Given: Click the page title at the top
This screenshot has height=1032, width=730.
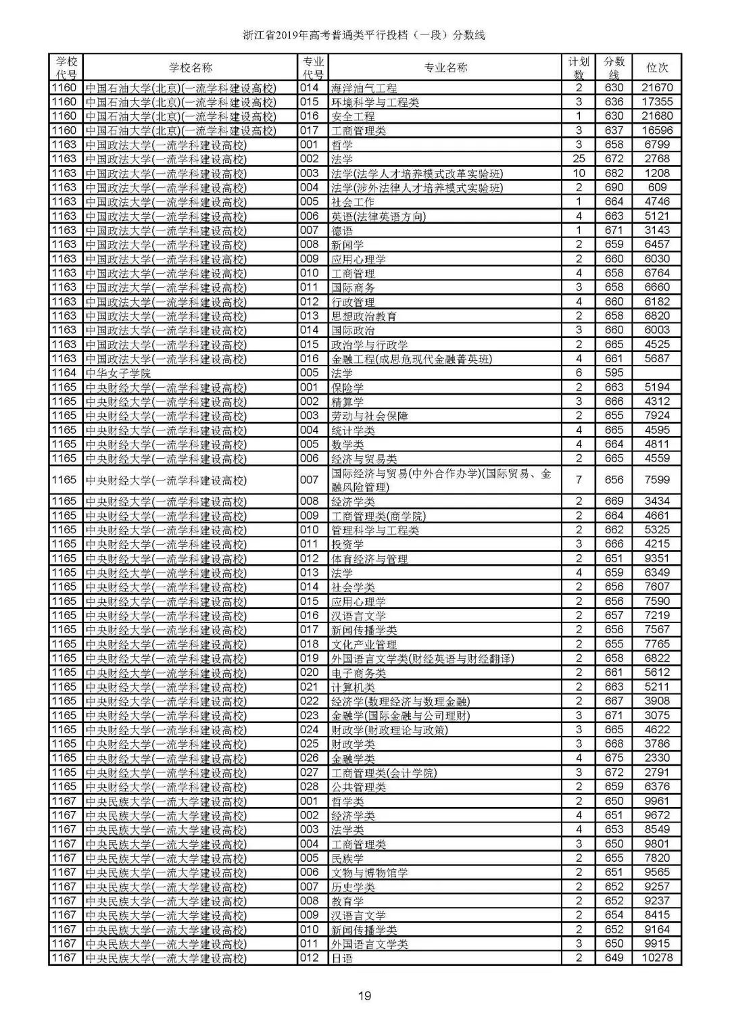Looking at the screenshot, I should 364,35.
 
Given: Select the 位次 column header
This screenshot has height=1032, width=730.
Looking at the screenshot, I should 657,68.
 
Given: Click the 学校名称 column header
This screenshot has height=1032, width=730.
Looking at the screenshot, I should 190,68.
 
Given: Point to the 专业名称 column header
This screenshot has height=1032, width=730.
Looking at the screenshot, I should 445,68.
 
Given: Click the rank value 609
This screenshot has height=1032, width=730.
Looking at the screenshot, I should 657,188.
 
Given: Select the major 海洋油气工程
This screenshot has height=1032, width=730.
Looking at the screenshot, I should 364,88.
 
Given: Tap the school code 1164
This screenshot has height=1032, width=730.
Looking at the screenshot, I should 65,373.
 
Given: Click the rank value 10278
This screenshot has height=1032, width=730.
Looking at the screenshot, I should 657,958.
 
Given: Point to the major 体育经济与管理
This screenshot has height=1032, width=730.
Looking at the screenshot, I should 369,559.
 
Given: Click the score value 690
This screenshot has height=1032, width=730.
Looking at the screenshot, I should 614,188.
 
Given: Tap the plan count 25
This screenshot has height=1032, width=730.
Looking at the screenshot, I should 579,159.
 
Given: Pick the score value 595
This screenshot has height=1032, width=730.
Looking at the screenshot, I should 614,373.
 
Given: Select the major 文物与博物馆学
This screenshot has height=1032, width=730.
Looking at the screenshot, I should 369,873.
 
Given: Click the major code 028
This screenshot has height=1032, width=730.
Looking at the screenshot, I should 309,787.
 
